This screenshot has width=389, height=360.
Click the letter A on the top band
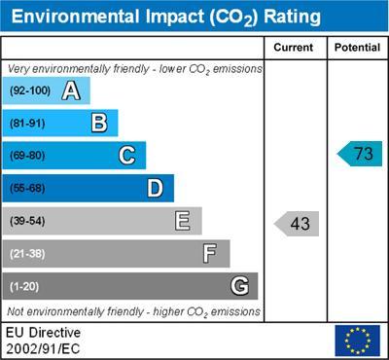70,91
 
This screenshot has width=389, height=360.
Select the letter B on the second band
98,124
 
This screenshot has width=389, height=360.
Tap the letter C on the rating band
126,156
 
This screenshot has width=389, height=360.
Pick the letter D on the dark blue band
155,189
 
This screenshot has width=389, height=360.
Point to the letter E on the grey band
182,221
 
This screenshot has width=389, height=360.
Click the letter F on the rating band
210,254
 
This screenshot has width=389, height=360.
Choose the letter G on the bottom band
238,286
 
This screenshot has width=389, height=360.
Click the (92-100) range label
29,91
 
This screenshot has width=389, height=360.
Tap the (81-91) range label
27,124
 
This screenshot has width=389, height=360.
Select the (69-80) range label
27,156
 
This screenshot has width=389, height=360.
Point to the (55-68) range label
27,189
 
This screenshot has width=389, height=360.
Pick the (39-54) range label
27,221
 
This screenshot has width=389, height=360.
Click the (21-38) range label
27,254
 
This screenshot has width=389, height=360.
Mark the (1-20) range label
24,286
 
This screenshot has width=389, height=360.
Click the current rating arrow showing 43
298,224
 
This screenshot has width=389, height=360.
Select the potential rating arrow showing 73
361,154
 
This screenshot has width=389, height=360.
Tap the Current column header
295,48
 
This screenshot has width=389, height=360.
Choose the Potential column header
357,48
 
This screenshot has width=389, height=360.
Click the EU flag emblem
357,341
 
